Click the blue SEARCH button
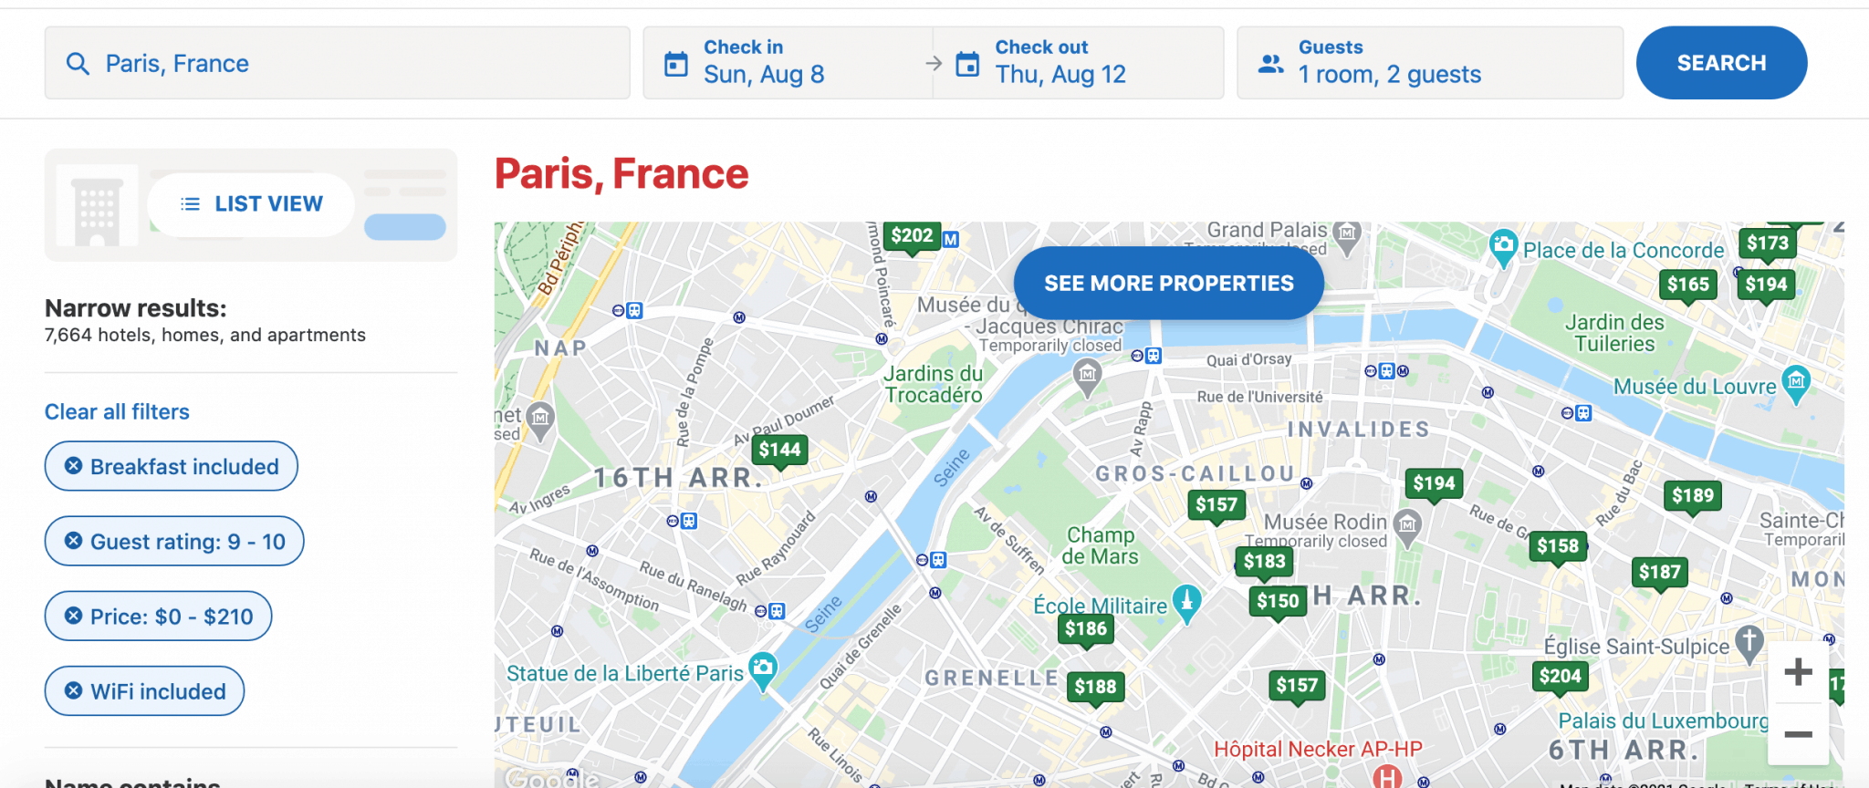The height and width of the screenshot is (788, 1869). pyautogui.click(x=1721, y=63)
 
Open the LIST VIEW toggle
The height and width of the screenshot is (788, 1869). pyautogui.click(x=251, y=204)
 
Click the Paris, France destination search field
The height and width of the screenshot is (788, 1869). pyautogui.click(x=337, y=63)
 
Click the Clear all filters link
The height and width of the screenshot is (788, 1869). pyautogui.click(x=117, y=412)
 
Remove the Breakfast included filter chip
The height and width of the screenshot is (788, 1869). pyautogui.click(x=74, y=466)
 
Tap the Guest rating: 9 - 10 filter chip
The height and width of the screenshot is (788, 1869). pyautogui.click(x=174, y=542)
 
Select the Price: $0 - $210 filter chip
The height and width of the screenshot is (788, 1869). pyautogui.click(x=159, y=617)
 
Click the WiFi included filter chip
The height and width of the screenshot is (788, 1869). pyautogui.click(x=145, y=691)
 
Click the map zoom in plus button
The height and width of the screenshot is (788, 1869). pyautogui.click(x=1798, y=672)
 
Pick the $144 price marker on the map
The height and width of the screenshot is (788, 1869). pyautogui.click(x=779, y=450)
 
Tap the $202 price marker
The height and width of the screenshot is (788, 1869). pyautogui.click(x=912, y=236)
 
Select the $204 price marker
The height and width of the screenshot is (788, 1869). pyautogui.click(x=1560, y=677)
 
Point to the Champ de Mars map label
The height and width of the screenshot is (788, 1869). pyautogui.click(x=1101, y=545)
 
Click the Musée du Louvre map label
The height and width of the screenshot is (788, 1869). pyautogui.click(x=1695, y=387)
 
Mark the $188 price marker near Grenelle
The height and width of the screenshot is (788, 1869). pyautogui.click(x=1095, y=687)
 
